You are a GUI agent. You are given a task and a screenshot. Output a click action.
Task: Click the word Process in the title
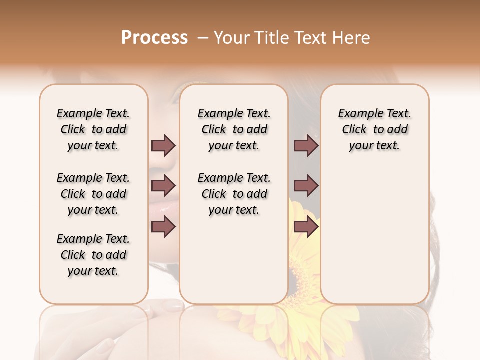[154, 38]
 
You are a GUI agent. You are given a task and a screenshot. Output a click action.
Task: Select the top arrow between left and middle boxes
[163, 146]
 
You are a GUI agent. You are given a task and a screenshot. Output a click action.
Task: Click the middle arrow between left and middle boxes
[163, 186]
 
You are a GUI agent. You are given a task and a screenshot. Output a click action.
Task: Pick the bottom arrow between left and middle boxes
[163, 227]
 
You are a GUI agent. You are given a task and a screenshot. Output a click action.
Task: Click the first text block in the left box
[93, 129]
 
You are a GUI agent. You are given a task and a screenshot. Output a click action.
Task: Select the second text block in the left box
[93, 194]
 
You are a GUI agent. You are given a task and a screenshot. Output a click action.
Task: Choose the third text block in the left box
[93, 255]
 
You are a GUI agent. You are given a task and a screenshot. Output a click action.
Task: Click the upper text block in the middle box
[234, 129]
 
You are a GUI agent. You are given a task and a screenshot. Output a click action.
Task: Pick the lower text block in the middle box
[234, 194]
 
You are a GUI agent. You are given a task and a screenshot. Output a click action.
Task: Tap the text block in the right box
[374, 129]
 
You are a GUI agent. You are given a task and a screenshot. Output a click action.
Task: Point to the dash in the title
[202, 38]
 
